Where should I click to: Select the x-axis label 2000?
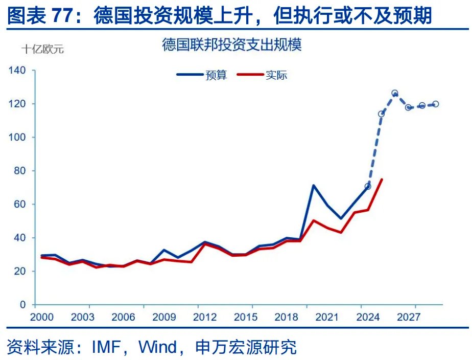pyautogui.click(x=42, y=318)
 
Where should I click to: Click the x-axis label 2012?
pyautogui.click(x=204, y=318)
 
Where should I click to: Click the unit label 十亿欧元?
pyautogui.click(x=43, y=50)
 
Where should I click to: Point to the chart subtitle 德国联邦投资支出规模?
pyautogui.click(x=232, y=44)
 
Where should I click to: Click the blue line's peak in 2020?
pyautogui.click(x=313, y=185)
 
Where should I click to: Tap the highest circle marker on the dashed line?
pyautogui.click(x=394, y=94)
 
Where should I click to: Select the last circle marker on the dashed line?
pyautogui.click(x=435, y=104)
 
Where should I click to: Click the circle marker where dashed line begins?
pyautogui.click(x=367, y=186)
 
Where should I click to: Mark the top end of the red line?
pyautogui.click(x=382, y=179)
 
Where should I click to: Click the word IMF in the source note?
pyautogui.click(x=108, y=348)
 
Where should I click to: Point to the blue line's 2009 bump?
pyautogui.click(x=163, y=250)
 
